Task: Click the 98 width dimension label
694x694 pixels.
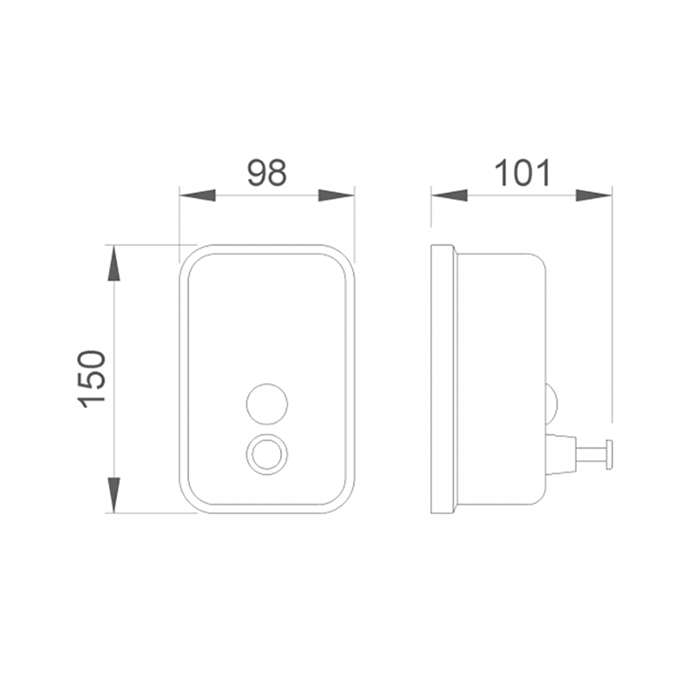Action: [267, 172]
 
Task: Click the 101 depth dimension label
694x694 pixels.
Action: [522, 172]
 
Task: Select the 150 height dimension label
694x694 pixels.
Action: [92, 379]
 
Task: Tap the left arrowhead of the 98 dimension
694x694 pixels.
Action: [198, 195]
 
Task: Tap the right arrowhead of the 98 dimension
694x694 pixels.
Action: [337, 195]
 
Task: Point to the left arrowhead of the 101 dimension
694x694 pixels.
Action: [449, 195]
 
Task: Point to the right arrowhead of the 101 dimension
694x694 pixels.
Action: [594, 195]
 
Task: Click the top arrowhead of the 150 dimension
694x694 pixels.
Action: [115, 263]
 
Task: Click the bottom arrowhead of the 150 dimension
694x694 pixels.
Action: [115, 494]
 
